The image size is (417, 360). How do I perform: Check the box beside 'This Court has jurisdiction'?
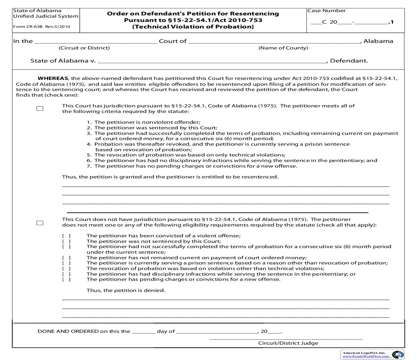click(x=40, y=109)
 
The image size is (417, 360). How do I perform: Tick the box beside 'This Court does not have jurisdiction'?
click(x=40, y=223)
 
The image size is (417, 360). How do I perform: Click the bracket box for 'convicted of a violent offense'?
click(x=66, y=236)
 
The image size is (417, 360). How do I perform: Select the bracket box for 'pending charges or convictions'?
click(x=66, y=279)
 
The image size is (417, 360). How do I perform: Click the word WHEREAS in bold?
click(x=53, y=79)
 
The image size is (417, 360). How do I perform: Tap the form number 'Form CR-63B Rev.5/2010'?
click(x=41, y=27)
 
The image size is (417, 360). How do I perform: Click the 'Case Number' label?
click(x=326, y=11)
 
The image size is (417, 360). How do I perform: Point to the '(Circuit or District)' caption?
click(x=84, y=48)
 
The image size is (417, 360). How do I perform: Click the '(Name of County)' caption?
click(x=283, y=48)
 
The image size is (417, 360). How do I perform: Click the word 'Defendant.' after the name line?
click(x=349, y=61)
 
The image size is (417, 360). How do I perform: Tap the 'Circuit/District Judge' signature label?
click(x=288, y=343)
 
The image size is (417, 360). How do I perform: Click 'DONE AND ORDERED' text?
click(x=68, y=331)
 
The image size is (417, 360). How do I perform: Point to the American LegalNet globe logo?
click(x=398, y=355)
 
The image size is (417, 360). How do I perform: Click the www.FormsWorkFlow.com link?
click(x=366, y=356)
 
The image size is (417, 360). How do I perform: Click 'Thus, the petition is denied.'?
click(x=126, y=290)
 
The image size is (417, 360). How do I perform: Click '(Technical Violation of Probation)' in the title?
click(x=193, y=27)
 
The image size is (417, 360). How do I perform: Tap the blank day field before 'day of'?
click(x=143, y=331)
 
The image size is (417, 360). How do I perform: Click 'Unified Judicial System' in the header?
click(x=46, y=16)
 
